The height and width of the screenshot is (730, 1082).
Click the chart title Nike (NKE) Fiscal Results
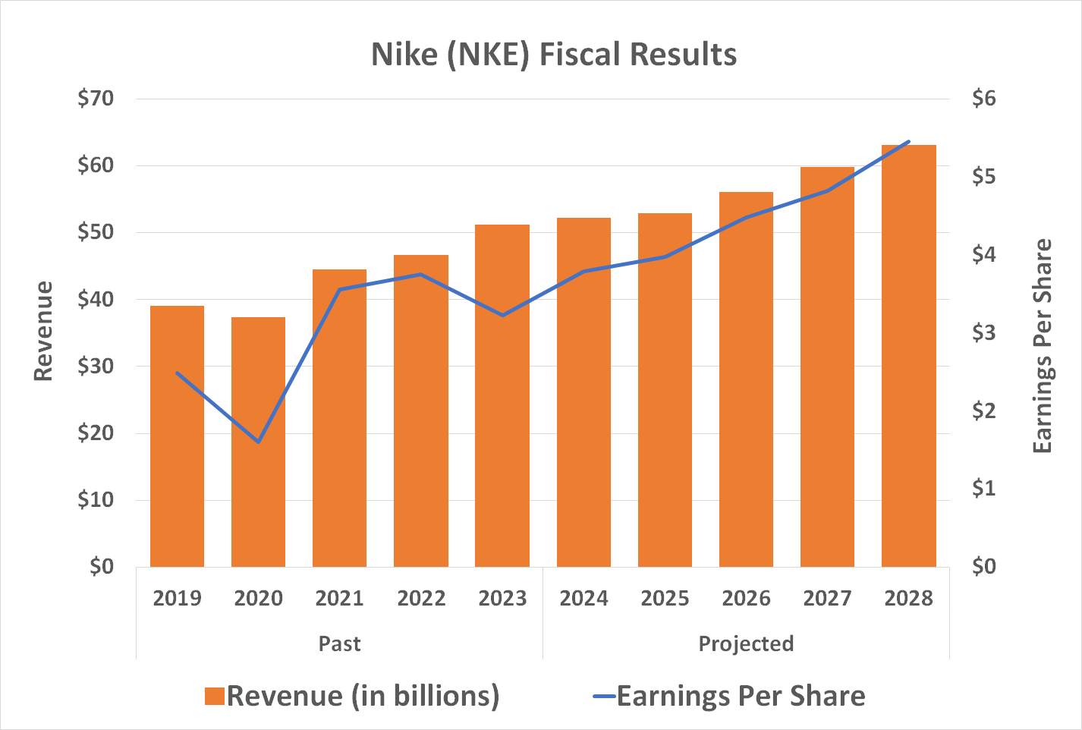[x=554, y=55]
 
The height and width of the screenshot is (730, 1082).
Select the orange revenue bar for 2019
[x=177, y=436]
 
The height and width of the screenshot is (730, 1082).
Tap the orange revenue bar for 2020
[x=258, y=442]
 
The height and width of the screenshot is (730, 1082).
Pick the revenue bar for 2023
[x=502, y=395]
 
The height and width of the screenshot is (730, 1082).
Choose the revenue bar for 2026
[x=746, y=379]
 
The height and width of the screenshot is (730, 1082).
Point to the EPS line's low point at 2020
[x=259, y=442]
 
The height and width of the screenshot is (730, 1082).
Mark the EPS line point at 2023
[x=502, y=315]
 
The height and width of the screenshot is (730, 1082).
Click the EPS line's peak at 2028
[x=908, y=142]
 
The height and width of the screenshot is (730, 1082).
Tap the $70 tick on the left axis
[x=96, y=99]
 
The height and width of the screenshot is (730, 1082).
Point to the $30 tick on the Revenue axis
[x=96, y=367]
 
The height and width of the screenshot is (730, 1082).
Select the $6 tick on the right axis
[x=984, y=99]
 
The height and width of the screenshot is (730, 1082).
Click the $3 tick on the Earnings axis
[x=984, y=332]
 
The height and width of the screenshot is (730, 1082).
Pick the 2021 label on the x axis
[x=339, y=599]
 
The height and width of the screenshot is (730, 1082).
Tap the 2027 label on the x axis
[x=827, y=599]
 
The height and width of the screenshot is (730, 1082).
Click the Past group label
[x=339, y=643]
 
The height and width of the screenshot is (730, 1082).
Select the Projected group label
[x=746, y=643]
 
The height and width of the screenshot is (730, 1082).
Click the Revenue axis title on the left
[x=43, y=332]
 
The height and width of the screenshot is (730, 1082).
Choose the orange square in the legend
[x=215, y=697]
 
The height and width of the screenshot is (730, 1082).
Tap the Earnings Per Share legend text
[x=741, y=696]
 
